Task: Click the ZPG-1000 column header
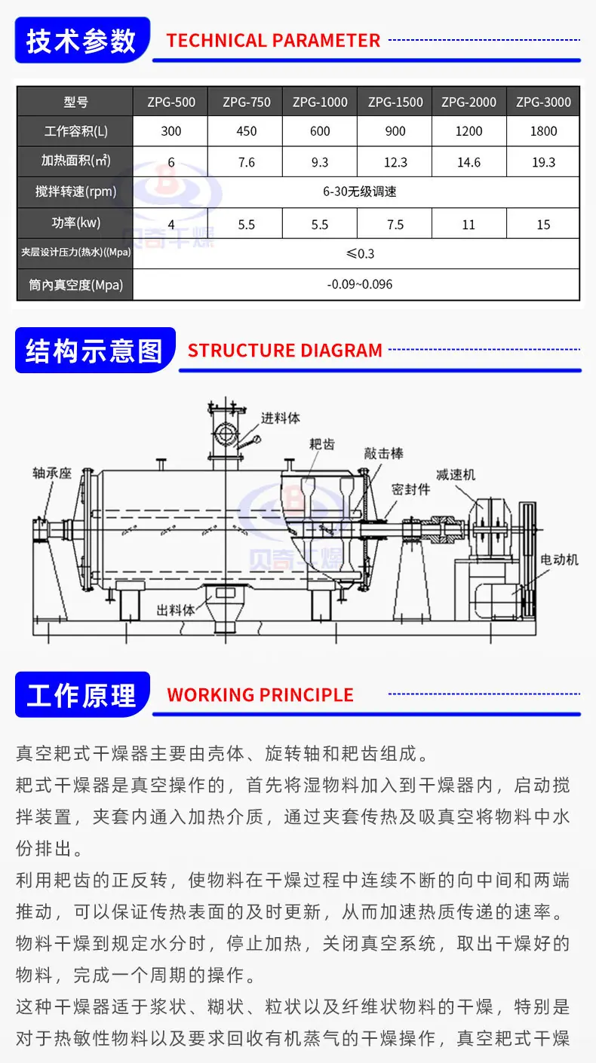pos(320,102)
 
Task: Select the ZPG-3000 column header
pos(543,102)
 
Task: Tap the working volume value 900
pos(395,131)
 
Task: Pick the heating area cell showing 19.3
pos(543,162)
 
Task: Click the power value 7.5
pos(395,225)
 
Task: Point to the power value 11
pos(469,225)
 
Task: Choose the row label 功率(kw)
pos(76,222)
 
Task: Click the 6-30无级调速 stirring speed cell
pos(360,191)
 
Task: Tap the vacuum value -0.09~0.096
pos(360,284)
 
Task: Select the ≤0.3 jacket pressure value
pos(360,253)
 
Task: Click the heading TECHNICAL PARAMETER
pos(273,41)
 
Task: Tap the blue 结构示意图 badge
pos(95,351)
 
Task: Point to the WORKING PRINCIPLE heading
pos(260,695)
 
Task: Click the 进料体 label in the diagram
pos(280,418)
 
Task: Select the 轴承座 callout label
pos(52,473)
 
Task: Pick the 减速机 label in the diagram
pos(456,474)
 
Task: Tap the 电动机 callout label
pos(560,560)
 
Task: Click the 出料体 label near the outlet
pos(176,610)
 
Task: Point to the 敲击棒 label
pos(384,454)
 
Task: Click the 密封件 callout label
pos(411,489)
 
